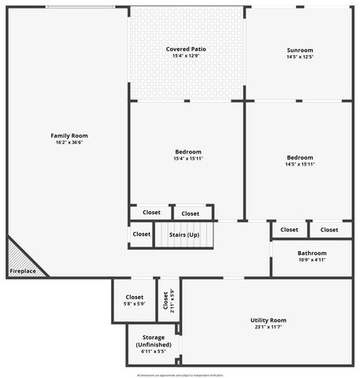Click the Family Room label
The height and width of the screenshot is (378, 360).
click(69, 135)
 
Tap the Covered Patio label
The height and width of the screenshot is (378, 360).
click(186, 49)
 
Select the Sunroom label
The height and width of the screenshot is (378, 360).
click(299, 50)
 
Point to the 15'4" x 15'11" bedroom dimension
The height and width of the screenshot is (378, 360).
click(188, 159)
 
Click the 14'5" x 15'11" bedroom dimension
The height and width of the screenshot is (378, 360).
click(299, 165)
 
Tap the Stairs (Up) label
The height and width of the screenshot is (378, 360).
click(184, 235)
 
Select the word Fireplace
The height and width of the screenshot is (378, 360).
click(21, 272)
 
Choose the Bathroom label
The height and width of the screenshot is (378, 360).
click(312, 253)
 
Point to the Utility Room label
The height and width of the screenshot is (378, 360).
click(268, 320)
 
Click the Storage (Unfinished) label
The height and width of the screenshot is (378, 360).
click(153, 341)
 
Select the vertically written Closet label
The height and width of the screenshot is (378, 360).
click(165, 301)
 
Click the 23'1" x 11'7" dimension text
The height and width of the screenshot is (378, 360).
click(268, 327)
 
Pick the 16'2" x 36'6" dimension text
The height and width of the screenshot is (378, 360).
click(69, 143)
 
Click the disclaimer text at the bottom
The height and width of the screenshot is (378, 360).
click(180, 375)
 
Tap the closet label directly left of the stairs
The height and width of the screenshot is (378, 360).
click(142, 234)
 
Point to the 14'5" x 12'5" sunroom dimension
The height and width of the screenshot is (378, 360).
click(299, 57)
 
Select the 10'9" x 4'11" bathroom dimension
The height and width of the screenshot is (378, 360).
click(312, 260)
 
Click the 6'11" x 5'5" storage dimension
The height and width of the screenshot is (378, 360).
click(153, 352)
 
